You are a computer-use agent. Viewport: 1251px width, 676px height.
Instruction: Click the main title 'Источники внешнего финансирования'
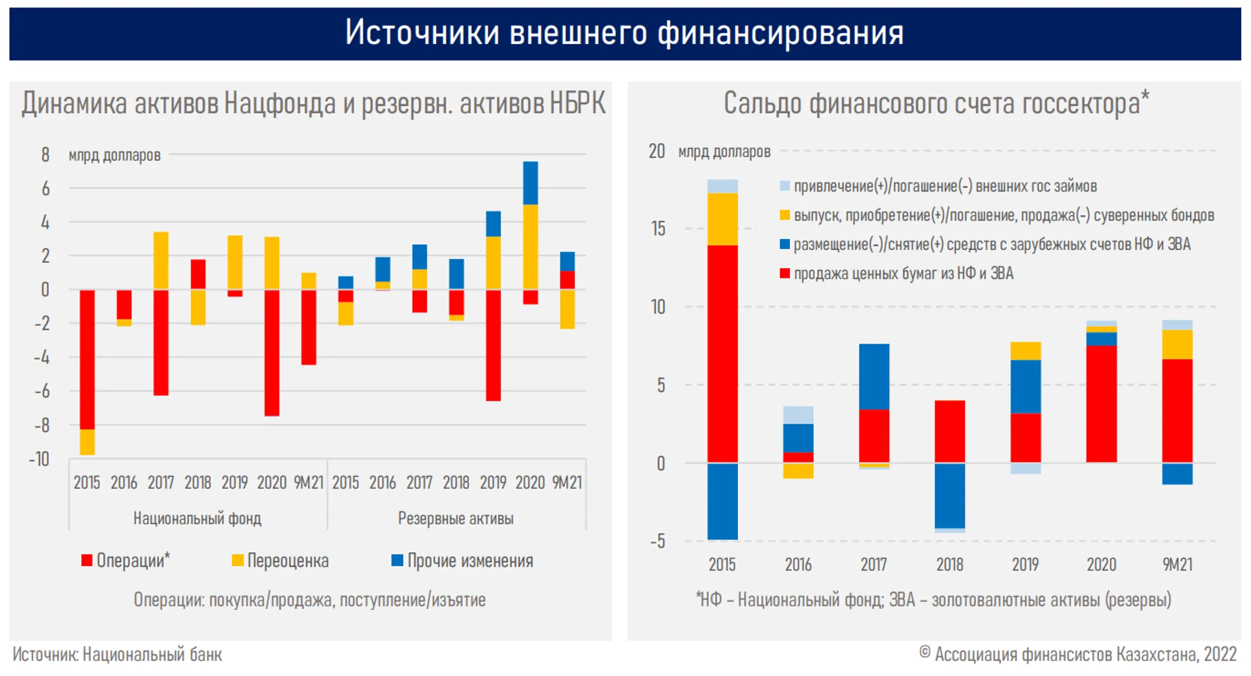click(624, 32)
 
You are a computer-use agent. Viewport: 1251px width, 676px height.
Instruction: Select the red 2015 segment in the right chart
click(722, 353)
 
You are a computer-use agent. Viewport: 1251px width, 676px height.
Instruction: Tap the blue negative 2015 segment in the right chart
click(722, 501)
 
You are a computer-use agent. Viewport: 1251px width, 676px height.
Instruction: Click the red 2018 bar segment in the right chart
click(949, 431)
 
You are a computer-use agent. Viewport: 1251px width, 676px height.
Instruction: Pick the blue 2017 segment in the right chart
click(874, 376)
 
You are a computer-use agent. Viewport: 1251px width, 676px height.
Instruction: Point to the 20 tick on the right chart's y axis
click(657, 151)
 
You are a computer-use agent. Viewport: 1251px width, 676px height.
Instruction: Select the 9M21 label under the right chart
click(1177, 564)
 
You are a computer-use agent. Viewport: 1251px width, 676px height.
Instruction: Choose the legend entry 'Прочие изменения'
click(463, 560)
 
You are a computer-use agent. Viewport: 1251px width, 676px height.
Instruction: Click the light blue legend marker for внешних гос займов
click(785, 186)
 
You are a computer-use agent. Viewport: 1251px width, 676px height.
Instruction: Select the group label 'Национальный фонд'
click(197, 518)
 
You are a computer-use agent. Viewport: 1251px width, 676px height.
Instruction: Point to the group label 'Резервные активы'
click(456, 518)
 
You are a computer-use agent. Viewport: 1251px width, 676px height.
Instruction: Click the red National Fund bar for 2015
click(87, 359)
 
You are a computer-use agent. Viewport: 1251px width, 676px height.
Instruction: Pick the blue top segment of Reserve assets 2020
click(530, 183)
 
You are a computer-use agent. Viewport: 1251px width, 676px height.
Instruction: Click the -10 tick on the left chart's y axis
click(39, 460)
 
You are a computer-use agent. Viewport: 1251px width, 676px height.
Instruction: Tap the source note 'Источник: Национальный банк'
click(118, 655)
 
